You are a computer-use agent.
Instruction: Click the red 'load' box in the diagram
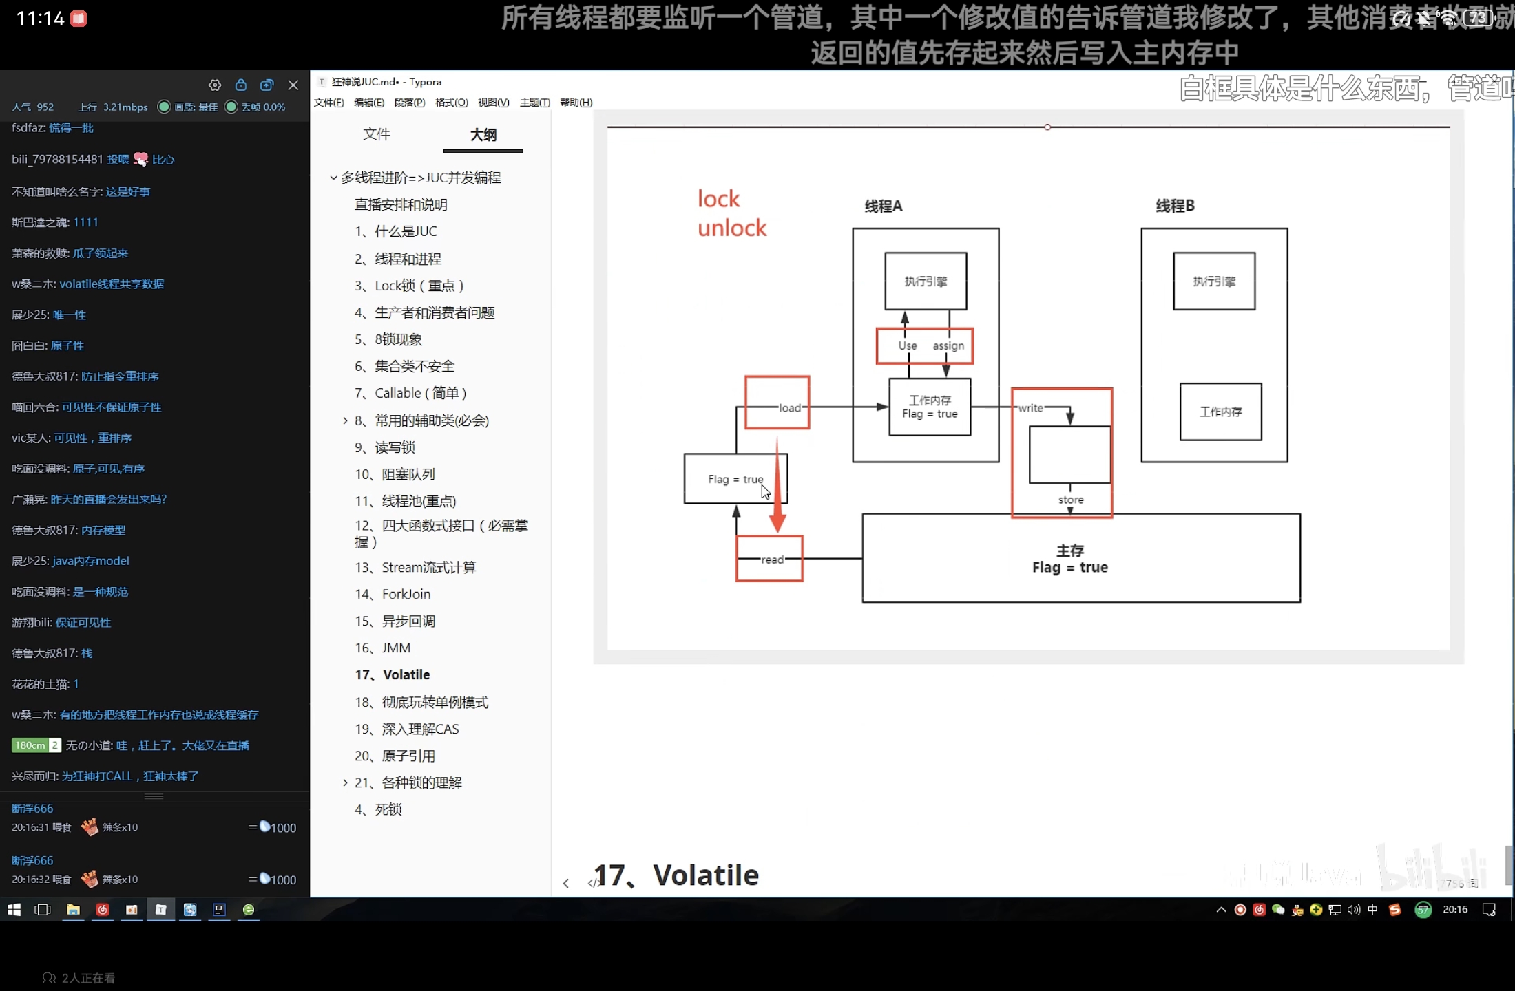pyautogui.click(x=777, y=403)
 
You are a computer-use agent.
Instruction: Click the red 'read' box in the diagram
pyautogui.click(x=769, y=559)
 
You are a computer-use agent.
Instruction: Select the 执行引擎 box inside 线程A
pyautogui.click(x=926, y=281)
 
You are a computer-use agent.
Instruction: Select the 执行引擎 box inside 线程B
pyautogui.click(x=1214, y=281)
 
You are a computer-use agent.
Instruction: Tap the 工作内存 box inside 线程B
pyautogui.click(x=1220, y=412)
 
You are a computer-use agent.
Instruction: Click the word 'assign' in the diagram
pyautogui.click(x=948, y=345)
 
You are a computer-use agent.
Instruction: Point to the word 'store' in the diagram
pyautogui.click(x=1071, y=500)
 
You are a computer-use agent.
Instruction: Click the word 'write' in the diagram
pyautogui.click(x=1030, y=408)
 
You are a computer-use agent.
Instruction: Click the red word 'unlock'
pyautogui.click(x=731, y=228)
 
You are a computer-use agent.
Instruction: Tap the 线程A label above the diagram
pyautogui.click(x=884, y=206)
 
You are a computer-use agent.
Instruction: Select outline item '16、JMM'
pyautogui.click(x=383, y=648)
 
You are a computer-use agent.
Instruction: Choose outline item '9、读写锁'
pyautogui.click(x=385, y=447)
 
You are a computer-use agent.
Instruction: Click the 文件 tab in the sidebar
pyautogui.click(x=377, y=134)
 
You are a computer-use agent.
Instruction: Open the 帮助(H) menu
pyautogui.click(x=576, y=103)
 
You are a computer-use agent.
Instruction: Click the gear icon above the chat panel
pyautogui.click(x=215, y=85)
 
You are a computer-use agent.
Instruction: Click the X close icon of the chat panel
pyautogui.click(x=293, y=85)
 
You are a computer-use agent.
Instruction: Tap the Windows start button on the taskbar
pyautogui.click(x=14, y=910)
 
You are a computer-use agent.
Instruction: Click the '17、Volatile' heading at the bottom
pyautogui.click(x=676, y=875)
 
